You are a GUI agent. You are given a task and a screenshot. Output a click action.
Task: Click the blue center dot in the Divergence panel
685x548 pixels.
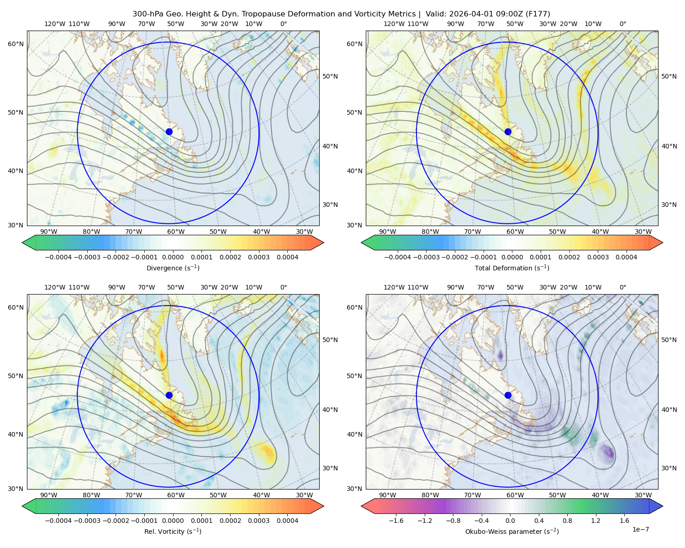[169, 132]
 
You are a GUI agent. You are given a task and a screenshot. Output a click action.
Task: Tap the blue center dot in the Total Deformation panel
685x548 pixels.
[508, 132]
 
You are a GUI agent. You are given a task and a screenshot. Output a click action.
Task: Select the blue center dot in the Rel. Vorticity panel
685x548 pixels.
[169, 395]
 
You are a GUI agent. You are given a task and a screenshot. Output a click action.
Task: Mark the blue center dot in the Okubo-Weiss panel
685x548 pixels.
[508, 395]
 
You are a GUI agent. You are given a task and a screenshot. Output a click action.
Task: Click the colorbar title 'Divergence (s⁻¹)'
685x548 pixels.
[173, 268]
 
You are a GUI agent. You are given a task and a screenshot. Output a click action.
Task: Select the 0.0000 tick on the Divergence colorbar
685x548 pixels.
[173, 257]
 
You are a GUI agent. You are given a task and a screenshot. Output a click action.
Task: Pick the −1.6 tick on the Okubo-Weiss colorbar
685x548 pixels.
[396, 521]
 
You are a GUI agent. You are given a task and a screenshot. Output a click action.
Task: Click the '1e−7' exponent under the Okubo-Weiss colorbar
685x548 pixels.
[640, 529]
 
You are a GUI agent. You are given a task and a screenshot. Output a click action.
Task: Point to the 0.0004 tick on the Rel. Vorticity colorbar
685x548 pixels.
[287, 521]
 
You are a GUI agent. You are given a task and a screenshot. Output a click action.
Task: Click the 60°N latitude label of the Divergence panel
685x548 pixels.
[16, 44]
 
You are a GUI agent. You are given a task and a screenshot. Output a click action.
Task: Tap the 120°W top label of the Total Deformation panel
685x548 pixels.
[394, 24]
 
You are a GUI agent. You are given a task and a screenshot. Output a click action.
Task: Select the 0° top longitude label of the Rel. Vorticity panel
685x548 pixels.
[284, 287]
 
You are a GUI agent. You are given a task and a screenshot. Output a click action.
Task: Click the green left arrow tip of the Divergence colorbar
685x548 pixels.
[22, 242]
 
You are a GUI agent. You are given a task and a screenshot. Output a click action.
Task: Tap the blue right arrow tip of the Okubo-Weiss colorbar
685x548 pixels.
[663, 506]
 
